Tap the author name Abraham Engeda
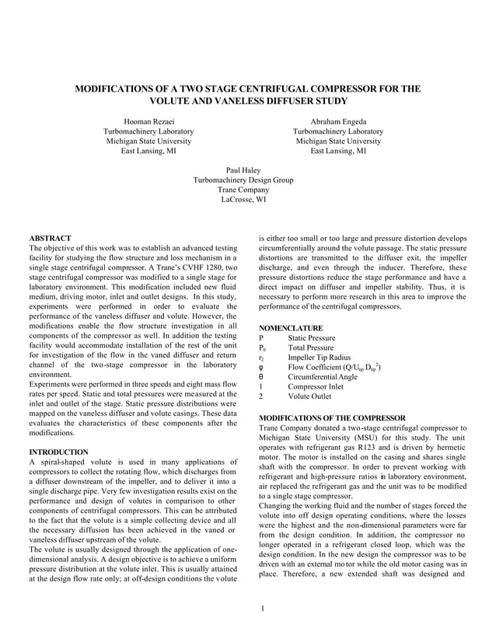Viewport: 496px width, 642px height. click(x=338, y=122)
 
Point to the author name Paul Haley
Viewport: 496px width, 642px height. click(x=243, y=169)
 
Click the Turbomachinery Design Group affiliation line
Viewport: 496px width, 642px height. click(x=243, y=180)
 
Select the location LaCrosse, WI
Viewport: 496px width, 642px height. click(x=243, y=199)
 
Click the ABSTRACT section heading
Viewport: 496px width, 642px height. click(x=50, y=238)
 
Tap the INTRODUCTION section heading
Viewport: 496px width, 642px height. click(x=58, y=452)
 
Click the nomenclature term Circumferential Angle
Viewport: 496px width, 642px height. click(x=323, y=376)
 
